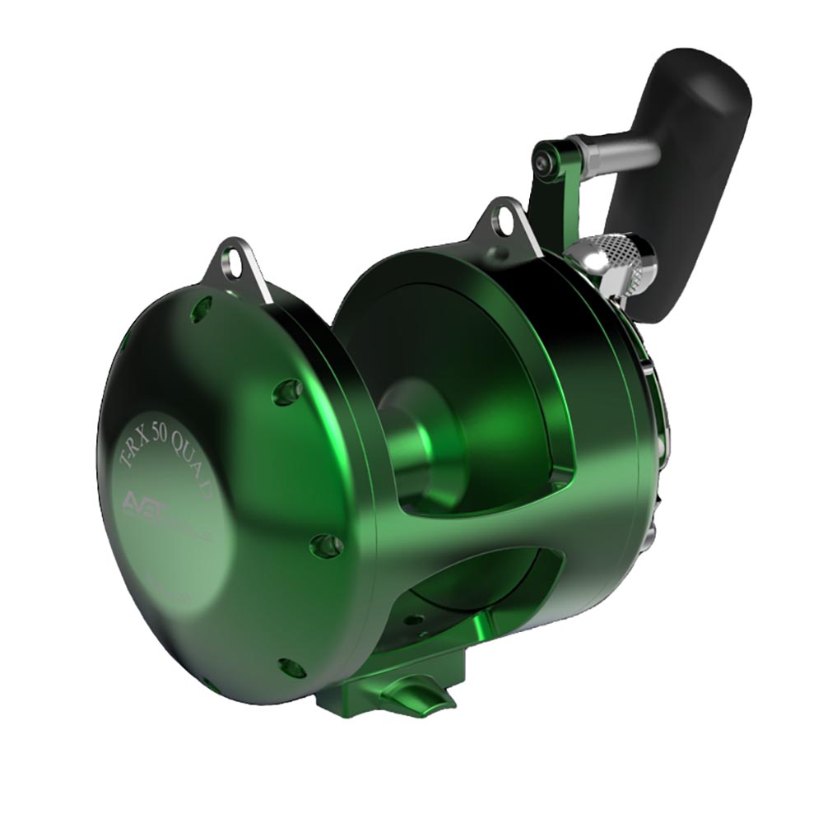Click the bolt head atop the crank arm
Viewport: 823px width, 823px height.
pyautogui.click(x=543, y=164)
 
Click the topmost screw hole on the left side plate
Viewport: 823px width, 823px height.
pyautogui.click(x=199, y=309)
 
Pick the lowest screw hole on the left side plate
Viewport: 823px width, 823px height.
pyautogui.click(x=291, y=667)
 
